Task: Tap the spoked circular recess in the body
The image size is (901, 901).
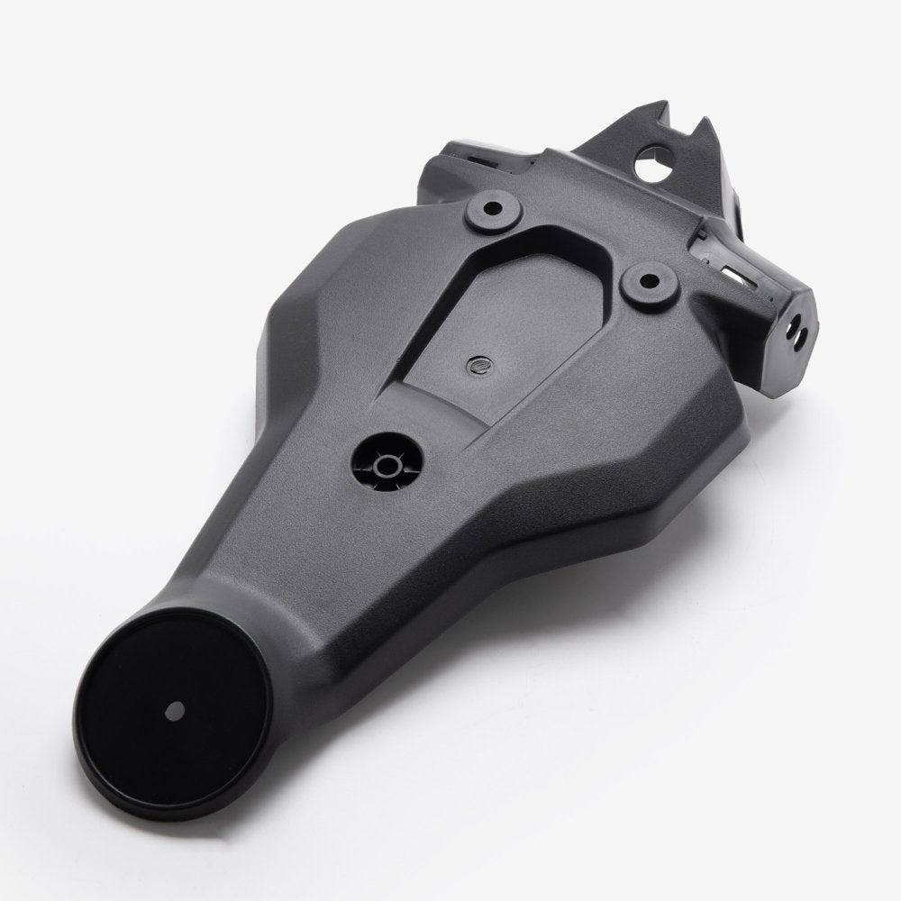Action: (x=388, y=465)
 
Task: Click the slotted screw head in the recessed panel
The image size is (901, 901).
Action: (x=480, y=366)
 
